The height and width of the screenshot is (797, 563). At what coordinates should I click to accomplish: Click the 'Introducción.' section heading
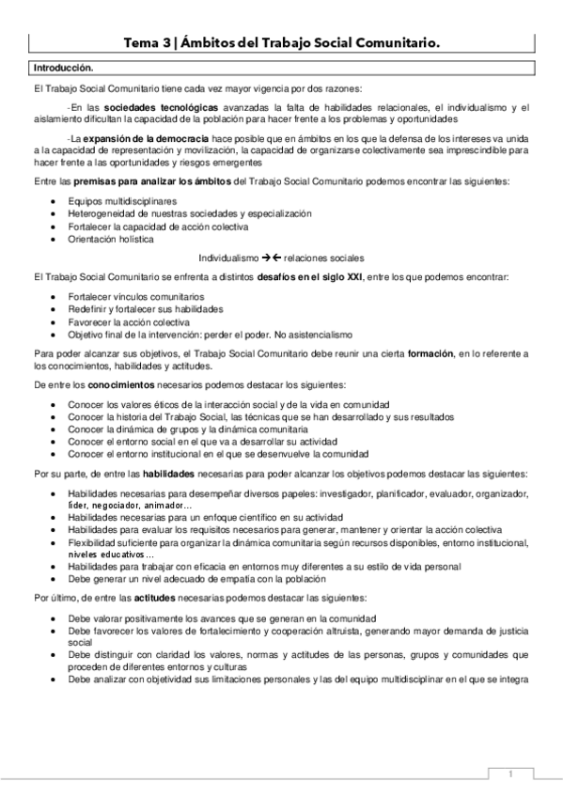point(63,68)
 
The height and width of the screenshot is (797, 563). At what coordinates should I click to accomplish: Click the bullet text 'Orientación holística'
point(103,239)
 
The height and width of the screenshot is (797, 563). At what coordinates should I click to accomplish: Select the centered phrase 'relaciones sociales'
point(323,258)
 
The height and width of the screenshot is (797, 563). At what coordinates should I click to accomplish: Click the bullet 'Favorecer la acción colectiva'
point(120,321)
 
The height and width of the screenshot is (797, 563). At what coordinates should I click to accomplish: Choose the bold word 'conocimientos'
point(108,385)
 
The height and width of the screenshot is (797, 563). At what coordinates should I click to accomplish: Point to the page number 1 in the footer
point(508,774)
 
